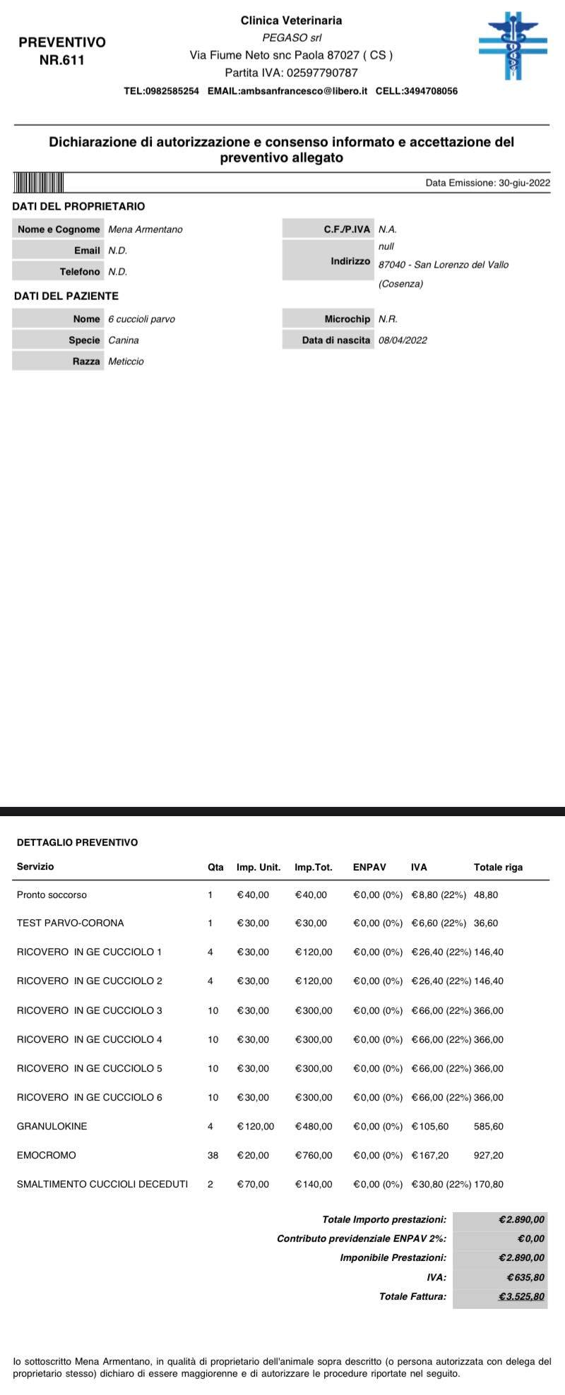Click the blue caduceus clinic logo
pyautogui.click(x=513, y=45)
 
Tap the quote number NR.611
pyautogui.click(x=62, y=60)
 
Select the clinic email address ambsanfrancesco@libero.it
pyautogui.click(x=303, y=91)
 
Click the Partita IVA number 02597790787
pyautogui.click(x=322, y=73)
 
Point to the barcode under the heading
pyautogui.click(x=38, y=183)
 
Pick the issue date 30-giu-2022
pyautogui.click(x=524, y=183)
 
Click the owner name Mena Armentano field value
pyautogui.click(x=145, y=229)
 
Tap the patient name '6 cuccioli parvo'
pyautogui.click(x=141, y=319)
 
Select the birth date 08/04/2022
pyautogui.click(x=403, y=340)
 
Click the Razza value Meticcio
pyautogui.click(x=126, y=361)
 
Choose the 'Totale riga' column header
pyautogui.click(x=498, y=867)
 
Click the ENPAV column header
pyautogui.click(x=369, y=867)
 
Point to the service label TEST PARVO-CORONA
pyautogui.click(x=71, y=923)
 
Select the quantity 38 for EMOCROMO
pyautogui.click(x=213, y=1155)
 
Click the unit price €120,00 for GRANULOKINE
pyautogui.click(x=255, y=1126)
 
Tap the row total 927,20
pyautogui.click(x=489, y=1155)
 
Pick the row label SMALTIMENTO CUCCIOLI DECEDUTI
pyautogui.click(x=102, y=1184)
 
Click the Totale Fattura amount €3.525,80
pyautogui.click(x=521, y=1296)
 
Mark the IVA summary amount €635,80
pyautogui.click(x=525, y=1277)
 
